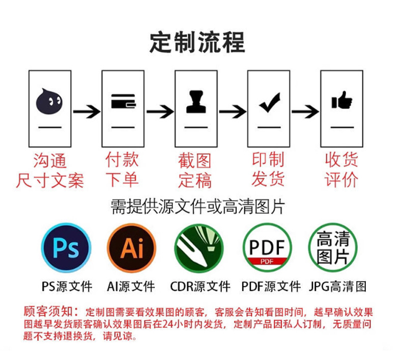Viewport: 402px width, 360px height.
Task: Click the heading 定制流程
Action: pos(197,42)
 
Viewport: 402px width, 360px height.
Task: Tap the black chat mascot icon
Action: pos(49,101)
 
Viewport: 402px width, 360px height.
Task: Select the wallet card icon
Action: pos(123,102)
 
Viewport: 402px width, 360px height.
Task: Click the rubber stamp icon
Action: pos(195,102)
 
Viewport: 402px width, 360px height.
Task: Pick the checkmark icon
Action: pos(269,102)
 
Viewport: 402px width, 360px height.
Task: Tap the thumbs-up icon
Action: pos(341,100)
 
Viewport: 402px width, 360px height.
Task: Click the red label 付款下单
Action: pos(122,170)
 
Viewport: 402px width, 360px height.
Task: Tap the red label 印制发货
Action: pos(268,170)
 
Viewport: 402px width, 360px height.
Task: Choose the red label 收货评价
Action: pos(341,170)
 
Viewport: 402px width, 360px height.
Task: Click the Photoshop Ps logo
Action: pos(66,248)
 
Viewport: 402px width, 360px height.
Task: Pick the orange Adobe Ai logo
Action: pos(132,248)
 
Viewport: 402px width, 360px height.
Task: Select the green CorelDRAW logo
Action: pos(199,248)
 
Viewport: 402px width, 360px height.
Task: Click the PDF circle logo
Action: pos(267,248)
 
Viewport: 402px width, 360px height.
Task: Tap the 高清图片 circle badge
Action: pos(333,248)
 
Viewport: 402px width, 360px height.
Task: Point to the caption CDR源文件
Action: pos(200,286)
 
